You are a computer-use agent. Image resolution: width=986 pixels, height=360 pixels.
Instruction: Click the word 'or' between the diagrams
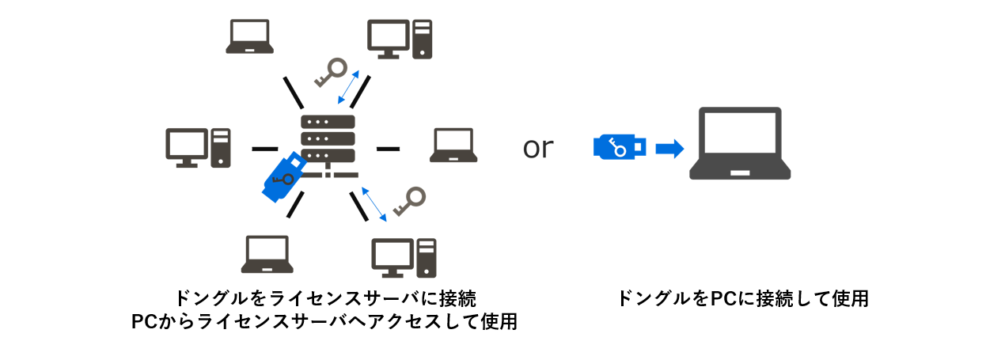click(x=538, y=148)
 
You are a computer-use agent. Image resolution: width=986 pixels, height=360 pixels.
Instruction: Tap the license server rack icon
click(x=328, y=142)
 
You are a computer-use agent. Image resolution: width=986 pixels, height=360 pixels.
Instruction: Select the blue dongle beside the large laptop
click(x=620, y=147)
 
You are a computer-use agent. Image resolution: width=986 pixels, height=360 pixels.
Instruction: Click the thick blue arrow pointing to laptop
click(x=670, y=148)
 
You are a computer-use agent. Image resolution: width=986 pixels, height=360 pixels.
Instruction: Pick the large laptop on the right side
click(x=740, y=143)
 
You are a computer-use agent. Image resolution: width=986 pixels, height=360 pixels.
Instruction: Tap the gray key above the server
click(x=330, y=73)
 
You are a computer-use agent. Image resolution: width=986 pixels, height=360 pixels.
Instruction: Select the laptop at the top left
click(x=250, y=37)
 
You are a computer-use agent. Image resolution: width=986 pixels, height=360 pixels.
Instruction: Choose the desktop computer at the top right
click(x=400, y=39)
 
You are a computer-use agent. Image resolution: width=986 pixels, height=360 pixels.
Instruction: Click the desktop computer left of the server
click(x=198, y=148)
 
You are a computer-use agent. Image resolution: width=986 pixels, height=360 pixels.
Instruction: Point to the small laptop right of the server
click(x=454, y=146)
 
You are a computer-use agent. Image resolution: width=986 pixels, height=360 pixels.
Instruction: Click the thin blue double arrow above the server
click(x=350, y=87)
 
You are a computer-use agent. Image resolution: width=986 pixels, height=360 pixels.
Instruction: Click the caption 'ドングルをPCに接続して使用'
click(x=742, y=299)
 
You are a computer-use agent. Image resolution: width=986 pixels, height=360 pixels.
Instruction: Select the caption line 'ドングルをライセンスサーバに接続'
click(x=325, y=298)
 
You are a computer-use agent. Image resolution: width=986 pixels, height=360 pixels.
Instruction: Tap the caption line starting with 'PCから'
click(x=325, y=322)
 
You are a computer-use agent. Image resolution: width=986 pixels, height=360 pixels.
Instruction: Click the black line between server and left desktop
click(x=264, y=148)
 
